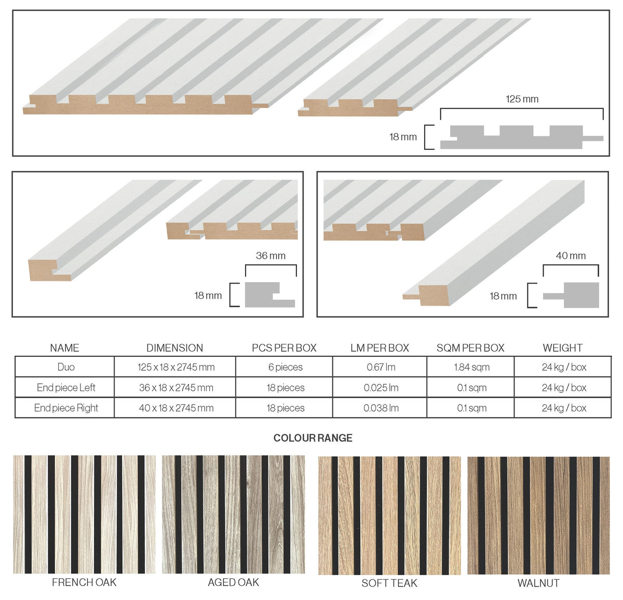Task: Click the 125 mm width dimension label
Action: tap(522, 99)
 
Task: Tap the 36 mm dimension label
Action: tap(270, 256)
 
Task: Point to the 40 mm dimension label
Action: tap(571, 256)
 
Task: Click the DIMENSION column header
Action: tap(174, 348)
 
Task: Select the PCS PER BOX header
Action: tap(284, 348)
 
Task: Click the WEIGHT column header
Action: tap(562, 348)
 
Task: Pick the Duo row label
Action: tap(66, 367)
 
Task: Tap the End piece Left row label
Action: tap(66, 387)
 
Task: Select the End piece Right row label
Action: tap(66, 408)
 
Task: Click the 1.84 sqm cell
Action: tap(471, 367)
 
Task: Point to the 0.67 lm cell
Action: tap(381, 367)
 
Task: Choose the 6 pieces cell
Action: tap(285, 367)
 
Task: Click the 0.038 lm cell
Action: tap(381, 408)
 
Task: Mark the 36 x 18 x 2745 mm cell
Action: tap(176, 387)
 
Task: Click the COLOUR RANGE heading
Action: tap(313, 438)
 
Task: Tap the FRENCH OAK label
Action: tap(84, 582)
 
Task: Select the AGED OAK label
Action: tap(234, 582)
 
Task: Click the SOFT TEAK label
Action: tap(389, 583)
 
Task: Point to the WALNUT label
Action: tap(538, 583)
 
